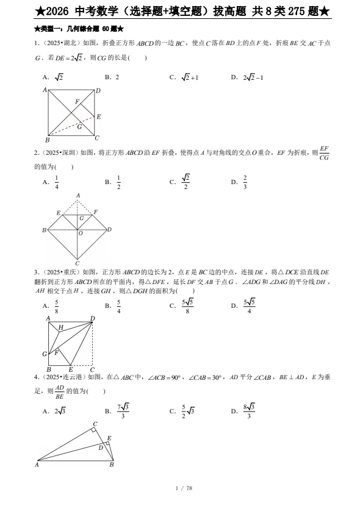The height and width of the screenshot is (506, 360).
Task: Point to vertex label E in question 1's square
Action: (99, 116)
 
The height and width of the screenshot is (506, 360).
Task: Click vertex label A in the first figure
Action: (45, 90)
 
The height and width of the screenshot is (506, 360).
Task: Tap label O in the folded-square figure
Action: (81, 233)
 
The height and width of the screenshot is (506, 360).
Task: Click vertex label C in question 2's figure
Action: (77, 263)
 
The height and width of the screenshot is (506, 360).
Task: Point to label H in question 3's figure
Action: (60, 328)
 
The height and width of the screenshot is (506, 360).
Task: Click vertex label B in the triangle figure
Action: (112, 465)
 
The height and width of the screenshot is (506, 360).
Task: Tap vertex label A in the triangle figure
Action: (37, 465)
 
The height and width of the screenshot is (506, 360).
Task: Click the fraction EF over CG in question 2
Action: (324, 153)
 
